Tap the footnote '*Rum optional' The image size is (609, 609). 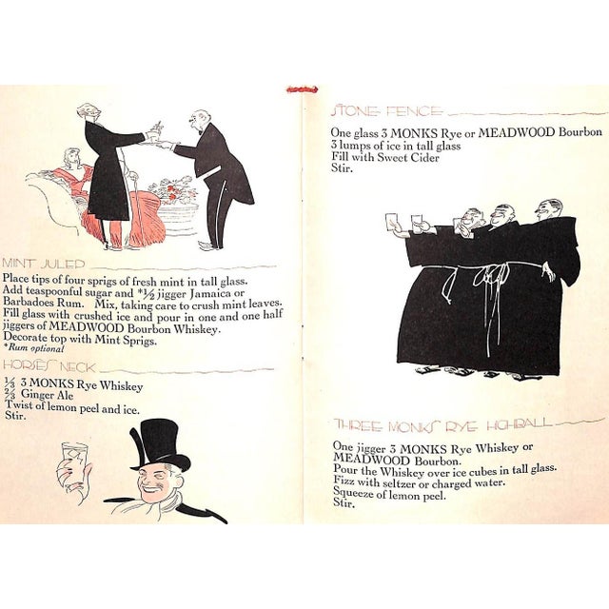(x=32, y=348)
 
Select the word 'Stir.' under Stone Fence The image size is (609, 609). (x=341, y=168)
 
